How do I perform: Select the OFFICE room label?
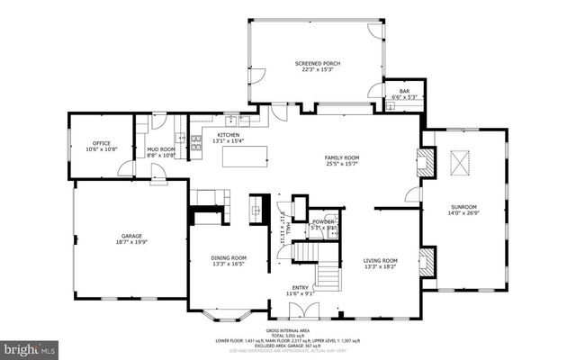101,143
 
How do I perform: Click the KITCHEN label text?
227,134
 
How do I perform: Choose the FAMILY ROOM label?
342,157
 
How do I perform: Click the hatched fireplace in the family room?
429,162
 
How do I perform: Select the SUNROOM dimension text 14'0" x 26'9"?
463,214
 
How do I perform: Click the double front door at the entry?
300,310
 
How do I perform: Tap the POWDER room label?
323,221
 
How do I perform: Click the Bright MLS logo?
30,346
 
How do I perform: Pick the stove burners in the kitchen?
194,139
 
